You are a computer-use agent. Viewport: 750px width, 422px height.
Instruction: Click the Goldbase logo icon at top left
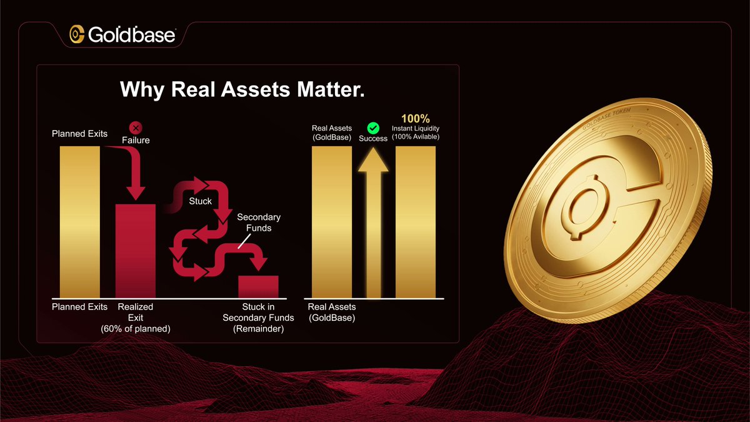(x=77, y=35)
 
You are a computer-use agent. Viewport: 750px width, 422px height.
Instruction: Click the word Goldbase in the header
(x=132, y=35)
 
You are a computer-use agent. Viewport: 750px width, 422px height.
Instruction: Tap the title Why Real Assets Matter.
(x=242, y=89)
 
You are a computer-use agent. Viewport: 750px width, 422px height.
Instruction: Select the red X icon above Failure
(x=136, y=128)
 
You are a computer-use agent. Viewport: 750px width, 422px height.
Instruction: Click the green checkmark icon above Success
(x=373, y=128)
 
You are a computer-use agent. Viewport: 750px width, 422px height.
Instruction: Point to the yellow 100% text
(x=415, y=118)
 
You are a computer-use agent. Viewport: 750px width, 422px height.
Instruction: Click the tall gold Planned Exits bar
(x=79, y=222)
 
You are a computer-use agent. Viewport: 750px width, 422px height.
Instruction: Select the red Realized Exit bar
(x=136, y=250)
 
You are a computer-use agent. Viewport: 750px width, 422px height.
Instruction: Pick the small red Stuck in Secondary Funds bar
(x=258, y=286)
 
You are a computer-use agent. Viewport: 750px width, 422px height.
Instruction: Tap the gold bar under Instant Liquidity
(x=416, y=222)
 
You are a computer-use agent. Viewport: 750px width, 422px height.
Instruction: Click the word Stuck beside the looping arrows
(x=200, y=201)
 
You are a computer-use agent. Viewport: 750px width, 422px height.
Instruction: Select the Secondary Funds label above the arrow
(x=259, y=223)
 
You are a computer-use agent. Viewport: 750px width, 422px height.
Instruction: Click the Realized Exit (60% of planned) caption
(x=136, y=318)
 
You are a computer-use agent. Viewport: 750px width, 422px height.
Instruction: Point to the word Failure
(x=136, y=141)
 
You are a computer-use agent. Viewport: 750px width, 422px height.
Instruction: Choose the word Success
(x=373, y=139)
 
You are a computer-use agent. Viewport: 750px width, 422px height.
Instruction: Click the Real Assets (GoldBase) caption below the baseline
(x=332, y=313)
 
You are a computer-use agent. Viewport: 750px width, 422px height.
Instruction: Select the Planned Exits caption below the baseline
(x=79, y=307)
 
